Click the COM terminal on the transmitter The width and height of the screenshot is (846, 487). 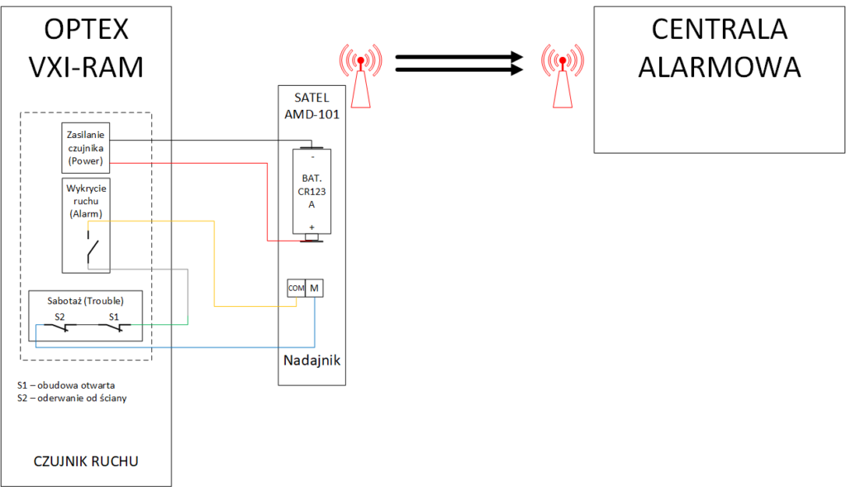click(296, 288)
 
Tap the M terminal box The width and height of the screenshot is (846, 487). click(315, 288)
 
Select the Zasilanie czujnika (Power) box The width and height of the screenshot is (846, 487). click(87, 146)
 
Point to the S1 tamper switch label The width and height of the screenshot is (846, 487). click(113, 316)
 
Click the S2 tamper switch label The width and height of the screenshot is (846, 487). click(59, 316)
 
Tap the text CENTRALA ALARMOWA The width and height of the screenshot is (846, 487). click(719, 47)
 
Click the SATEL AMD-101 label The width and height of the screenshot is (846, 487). click(311, 106)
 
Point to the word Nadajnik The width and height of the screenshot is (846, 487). click(311, 360)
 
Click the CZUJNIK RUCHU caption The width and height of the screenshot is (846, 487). click(86, 461)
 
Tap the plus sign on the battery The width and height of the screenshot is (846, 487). click(311, 227)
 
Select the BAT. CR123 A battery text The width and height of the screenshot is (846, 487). click(311, 189)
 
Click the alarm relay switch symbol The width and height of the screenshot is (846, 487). click(92, 249)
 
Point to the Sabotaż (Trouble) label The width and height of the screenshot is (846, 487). click(87, 300)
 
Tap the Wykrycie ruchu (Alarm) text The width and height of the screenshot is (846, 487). click(86, 201)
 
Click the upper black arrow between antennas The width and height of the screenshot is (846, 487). click(459, 57)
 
